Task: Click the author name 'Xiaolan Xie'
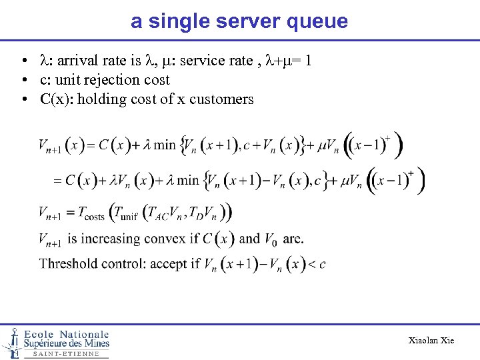click(431, 340)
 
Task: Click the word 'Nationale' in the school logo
click(84, 334)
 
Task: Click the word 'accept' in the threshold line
click(169, 263)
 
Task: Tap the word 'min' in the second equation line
click(188, 179)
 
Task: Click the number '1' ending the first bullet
click(307, 61)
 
